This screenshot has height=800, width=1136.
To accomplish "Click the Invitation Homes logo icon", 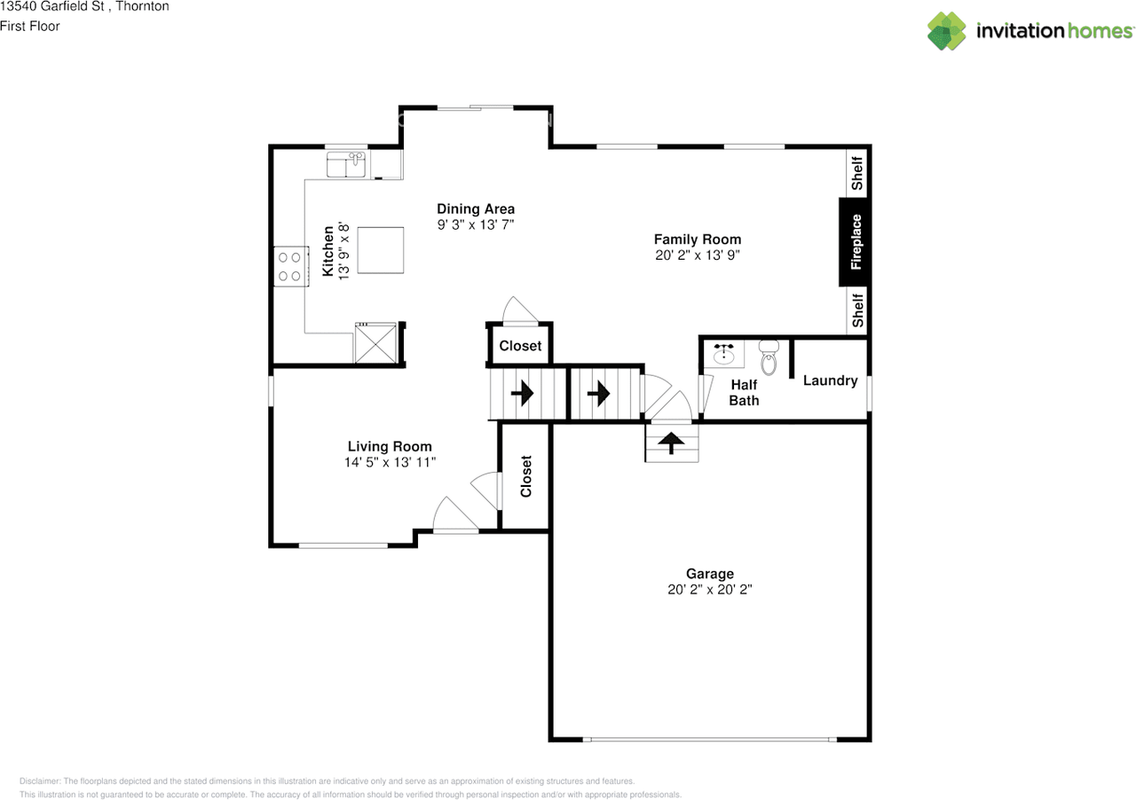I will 947,31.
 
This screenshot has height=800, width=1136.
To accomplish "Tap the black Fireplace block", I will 855,241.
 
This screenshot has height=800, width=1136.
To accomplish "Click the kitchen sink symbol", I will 347,165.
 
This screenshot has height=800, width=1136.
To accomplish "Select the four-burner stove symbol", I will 289,266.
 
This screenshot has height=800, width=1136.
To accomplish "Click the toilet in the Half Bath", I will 769,358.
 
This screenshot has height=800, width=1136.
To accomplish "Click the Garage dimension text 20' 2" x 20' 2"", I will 709,589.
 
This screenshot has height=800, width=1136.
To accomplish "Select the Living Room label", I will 390,446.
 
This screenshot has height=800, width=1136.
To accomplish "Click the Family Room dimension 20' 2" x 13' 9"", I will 697,255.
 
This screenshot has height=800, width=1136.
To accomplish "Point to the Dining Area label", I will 476,209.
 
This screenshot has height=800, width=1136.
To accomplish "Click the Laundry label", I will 830,380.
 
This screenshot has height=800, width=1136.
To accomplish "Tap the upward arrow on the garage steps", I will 671,442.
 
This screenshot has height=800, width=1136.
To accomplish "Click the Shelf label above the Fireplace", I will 857,173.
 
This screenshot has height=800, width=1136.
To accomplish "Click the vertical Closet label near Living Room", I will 526,476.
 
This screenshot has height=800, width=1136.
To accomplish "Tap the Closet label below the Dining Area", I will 520,346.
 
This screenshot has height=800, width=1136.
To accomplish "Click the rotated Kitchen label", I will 328,251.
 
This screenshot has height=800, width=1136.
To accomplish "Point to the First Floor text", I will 30,26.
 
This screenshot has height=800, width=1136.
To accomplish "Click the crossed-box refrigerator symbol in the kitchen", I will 374,343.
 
